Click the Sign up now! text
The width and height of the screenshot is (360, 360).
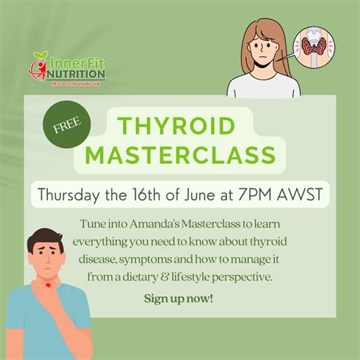click(x=178, y=298)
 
